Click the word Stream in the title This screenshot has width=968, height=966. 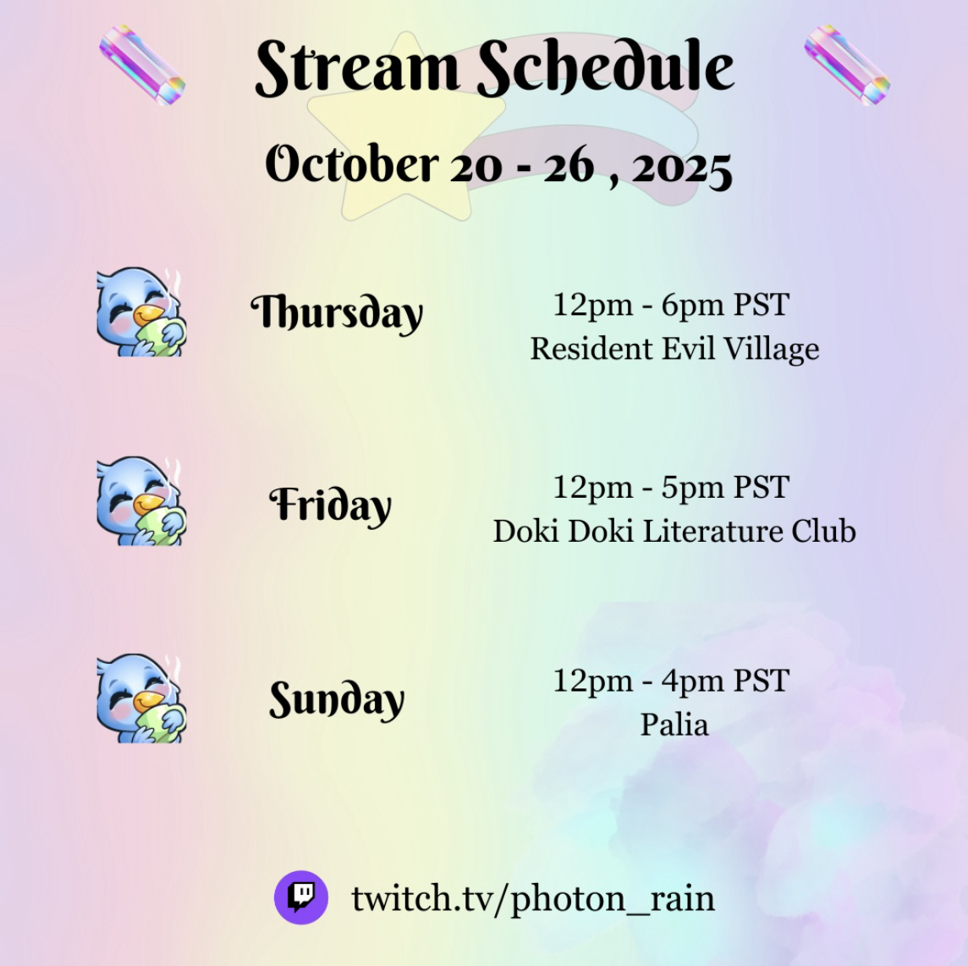357,67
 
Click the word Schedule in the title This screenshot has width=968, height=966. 606,67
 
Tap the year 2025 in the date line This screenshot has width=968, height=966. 681,168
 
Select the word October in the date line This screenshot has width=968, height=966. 352,163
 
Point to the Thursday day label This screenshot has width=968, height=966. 337,313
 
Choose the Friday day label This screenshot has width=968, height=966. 330,505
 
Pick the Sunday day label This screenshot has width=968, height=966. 337,700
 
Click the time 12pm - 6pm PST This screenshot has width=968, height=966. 671,305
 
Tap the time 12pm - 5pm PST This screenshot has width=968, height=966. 671,488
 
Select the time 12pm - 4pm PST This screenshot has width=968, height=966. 671,682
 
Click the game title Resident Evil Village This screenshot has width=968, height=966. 674,350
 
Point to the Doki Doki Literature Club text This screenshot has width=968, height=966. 674,531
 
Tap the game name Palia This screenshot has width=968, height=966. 674,725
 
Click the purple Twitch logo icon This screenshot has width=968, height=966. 301,897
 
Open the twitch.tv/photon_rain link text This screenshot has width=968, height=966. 533,898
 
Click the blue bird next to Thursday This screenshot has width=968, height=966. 141,312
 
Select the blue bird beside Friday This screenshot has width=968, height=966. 141,501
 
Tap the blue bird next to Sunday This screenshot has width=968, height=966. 141,698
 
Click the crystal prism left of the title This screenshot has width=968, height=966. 142,65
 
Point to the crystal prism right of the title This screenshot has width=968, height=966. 847,65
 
